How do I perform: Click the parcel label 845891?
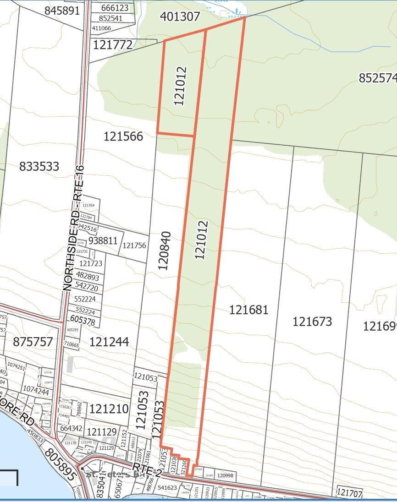click(62, 11)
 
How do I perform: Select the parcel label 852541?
click(110, 18)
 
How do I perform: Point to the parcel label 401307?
click(180, 16)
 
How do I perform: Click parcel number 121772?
click(113, 45)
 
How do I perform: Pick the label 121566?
click(123, 136)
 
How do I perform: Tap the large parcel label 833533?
click(39, 166)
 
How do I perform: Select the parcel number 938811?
click(103, 241)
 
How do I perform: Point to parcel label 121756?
click(134, 246)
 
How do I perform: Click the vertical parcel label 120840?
click(164, 251)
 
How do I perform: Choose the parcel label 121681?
click(249, 310)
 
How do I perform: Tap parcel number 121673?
click(312, 322)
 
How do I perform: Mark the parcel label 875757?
click(33, 342)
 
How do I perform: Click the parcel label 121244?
click(109, 342)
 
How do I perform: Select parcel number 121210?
click(109, 409)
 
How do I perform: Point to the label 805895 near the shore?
click(60, 464)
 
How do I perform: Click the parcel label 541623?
click(167, 488)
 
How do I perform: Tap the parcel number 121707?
click(349, 493)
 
